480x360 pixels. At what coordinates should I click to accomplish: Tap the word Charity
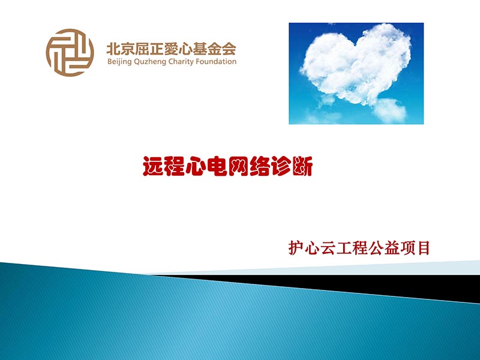point(188,62)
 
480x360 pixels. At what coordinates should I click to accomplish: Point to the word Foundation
point(220,61)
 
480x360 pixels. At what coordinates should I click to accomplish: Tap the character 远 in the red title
point(153,166)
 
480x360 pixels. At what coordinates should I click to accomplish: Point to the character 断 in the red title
point(302,166)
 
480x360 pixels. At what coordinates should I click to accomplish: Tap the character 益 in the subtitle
point(401,248)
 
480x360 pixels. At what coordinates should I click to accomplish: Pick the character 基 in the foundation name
point(191,47)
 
